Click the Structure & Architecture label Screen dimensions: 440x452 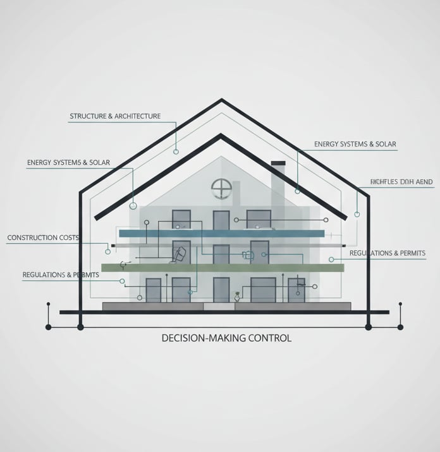(115, 116)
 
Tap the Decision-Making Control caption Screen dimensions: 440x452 (226, 338)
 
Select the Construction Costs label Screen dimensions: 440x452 (43, 238)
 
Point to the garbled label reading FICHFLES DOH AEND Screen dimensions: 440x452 (401, 182)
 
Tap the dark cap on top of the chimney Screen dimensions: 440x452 (278, 163)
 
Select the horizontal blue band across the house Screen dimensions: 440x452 (221, 234)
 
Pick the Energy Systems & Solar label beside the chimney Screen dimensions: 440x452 (355, 145)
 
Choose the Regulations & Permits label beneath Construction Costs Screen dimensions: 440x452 (61, 275)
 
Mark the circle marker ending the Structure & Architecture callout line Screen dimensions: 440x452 (176, 152)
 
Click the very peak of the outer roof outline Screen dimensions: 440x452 (221, 100)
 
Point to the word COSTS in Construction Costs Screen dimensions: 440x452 (69, 238)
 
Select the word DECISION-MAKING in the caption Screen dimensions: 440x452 (202, 338)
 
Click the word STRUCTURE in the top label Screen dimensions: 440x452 (88, 116)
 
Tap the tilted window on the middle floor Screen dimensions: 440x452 (180, 254)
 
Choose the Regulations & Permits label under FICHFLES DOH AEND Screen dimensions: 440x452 (387, 253)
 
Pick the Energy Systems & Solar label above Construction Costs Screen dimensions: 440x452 (68, 163)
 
